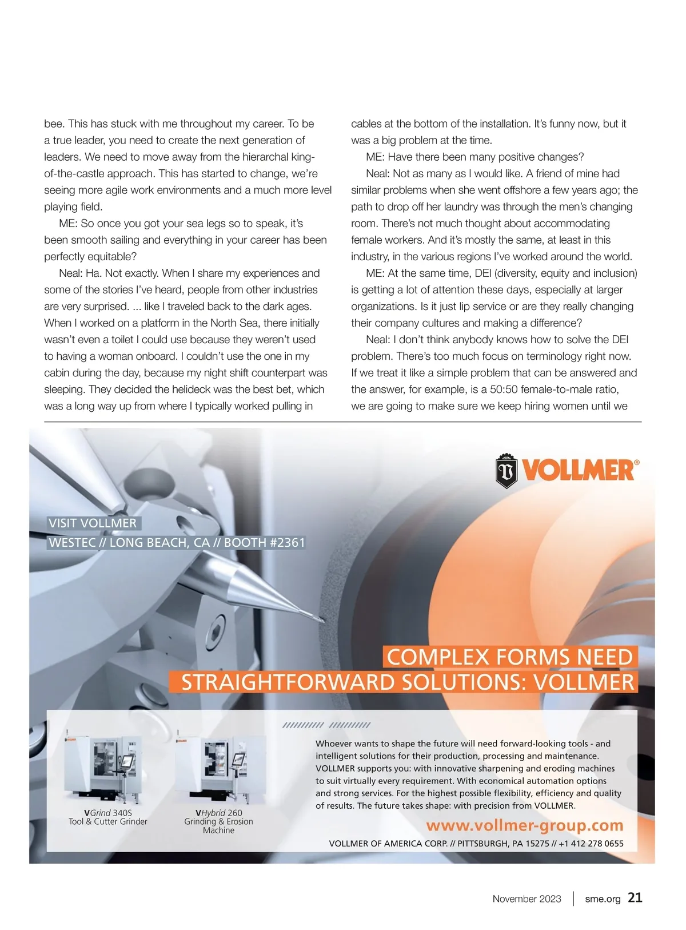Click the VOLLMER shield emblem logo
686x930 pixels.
coord(506,471)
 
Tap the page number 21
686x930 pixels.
coord(635,897)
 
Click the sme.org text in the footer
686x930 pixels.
coord(603,899)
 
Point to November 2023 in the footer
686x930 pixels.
coord(527,899)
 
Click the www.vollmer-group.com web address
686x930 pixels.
coord(524,825)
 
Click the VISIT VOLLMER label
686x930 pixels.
coord(93,523)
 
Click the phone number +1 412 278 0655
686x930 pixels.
coord(591,843)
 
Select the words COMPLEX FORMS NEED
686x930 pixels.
coord(509,657)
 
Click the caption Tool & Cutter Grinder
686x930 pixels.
coord(108,822)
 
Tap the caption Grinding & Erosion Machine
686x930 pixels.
coord(218,826)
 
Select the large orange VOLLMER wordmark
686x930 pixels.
coord(579,471)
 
